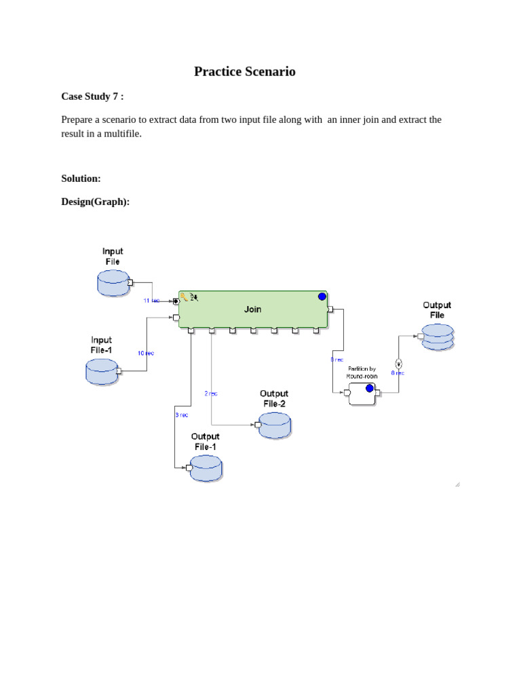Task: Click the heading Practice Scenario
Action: (244, 71)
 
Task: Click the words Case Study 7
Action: (91, 96)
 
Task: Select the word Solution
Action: (81, 179)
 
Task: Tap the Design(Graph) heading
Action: (95, 202)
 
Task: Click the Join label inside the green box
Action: (252, 309)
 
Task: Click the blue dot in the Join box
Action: (322, 297)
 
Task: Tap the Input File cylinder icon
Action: (113, 282)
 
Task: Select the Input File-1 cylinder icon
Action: (102, 371)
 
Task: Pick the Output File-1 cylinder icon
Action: (206, 468)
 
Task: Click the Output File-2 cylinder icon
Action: (274, 425)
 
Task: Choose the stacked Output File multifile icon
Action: (438, 337)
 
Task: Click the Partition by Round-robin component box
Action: (362, 393)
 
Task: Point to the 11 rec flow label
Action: (151, 300)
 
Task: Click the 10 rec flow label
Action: (146, 353)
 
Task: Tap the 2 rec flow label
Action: (211, 393)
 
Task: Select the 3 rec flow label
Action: (181, 415)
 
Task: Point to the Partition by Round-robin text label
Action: (362, 372)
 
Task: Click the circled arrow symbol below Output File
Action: (398, 363)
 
